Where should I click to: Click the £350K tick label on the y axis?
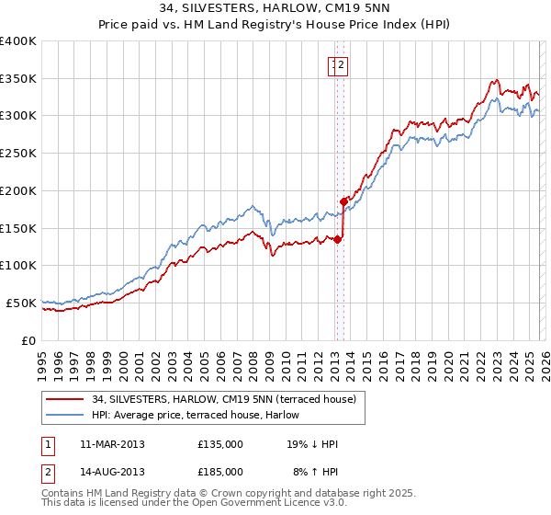tap(18, 79)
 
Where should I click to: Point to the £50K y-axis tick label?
tap(21, 303)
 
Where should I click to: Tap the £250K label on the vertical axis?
tap(18, 154)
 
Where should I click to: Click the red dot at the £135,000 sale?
tap(337, 240)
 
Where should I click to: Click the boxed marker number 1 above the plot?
tap(333, 64)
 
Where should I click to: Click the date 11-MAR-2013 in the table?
tap(112, 444)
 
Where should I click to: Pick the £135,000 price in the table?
tap(220, 444)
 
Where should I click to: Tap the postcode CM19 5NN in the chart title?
tap(336, 11)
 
